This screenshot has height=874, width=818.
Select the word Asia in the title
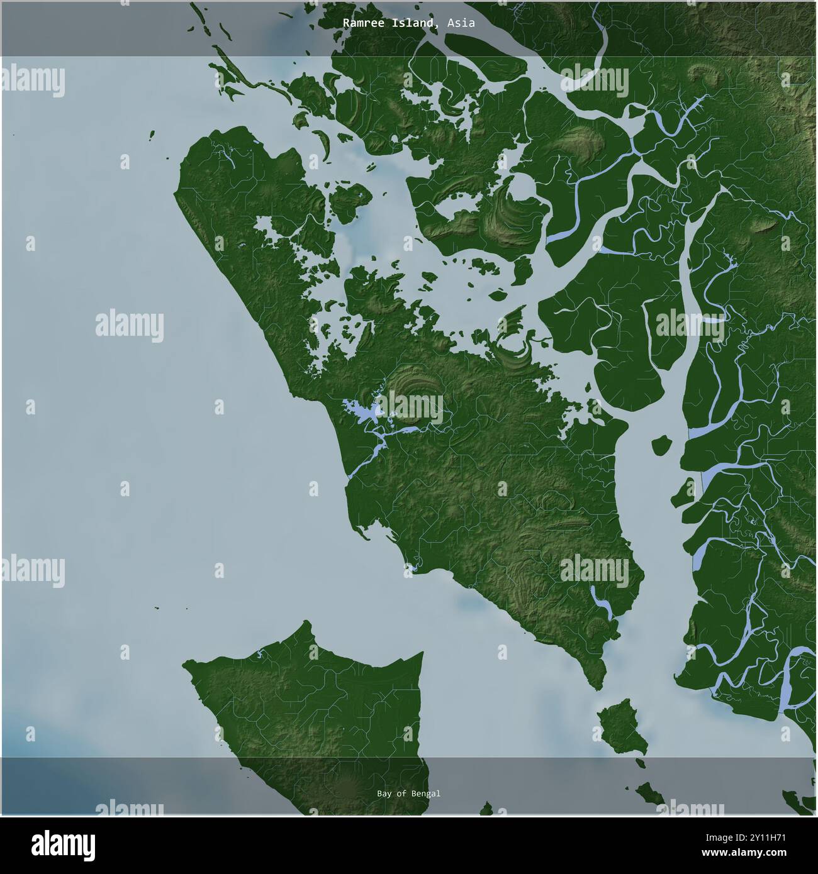(x=462, y=23)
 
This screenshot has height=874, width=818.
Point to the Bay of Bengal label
(x=409, y=794)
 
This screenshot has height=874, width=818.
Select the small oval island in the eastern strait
(x=659, y=445)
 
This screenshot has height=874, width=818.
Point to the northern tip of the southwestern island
(x=306, y=624)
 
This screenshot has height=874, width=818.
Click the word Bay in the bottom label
(x=384, y=794)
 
